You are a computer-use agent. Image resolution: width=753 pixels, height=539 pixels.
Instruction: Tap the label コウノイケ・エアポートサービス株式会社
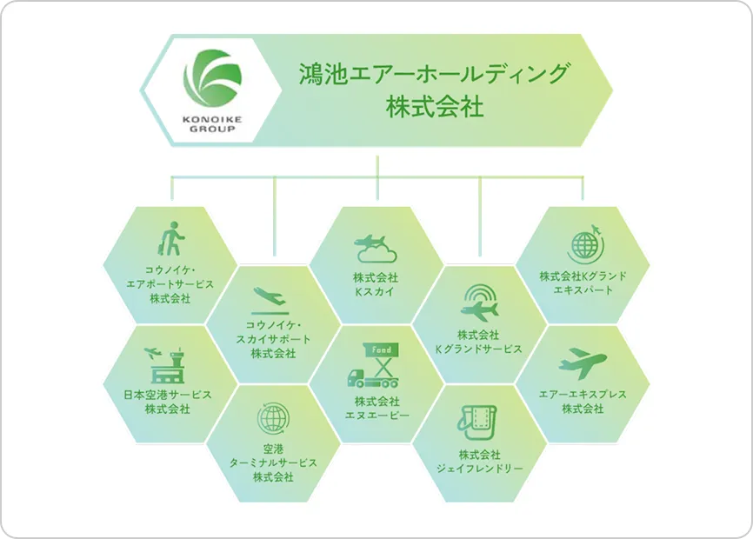tap(170, 283)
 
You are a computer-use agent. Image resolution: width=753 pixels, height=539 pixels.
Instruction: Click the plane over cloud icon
tap(376, 247)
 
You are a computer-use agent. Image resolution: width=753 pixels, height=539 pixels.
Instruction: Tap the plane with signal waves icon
tap(479, 303)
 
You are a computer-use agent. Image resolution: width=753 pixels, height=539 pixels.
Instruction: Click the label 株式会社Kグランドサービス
tap(478, 341)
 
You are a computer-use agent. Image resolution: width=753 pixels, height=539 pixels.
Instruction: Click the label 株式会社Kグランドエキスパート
tap(583, 283)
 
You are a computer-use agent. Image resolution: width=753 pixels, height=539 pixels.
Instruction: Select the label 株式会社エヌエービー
tap(376, 408)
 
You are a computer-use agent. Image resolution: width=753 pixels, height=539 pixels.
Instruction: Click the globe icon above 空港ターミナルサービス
tap(273, 419)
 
